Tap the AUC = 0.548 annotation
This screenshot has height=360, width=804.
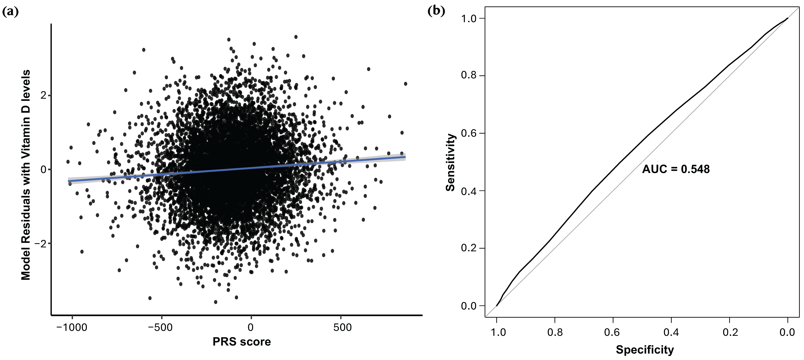pyautogui.click(x=676, y=169)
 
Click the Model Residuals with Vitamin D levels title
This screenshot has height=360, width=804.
pyautogui.click(x=26, y=175)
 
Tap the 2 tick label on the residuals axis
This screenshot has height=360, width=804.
pyautogui.click(x=43, y=95)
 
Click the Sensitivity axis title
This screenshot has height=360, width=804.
pyautogui.click(x=450, y=162)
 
